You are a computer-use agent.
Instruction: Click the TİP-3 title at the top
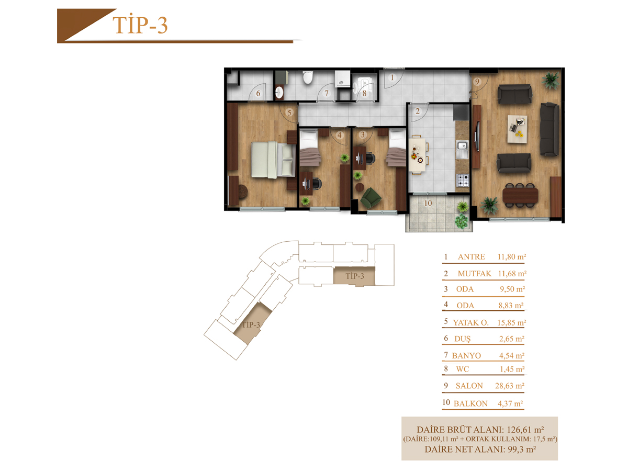point(140,25)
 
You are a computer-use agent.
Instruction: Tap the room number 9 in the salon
point(477,82)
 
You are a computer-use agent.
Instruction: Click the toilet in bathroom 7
point(308,77)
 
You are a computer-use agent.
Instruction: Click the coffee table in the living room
point(517,129)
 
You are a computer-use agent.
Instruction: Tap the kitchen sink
point(462,150)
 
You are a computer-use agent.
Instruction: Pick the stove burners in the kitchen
point(463,180)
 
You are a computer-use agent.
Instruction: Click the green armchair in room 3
point(371,197)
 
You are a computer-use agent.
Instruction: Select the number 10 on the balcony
point(428,204)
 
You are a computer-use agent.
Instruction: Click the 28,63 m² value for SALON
point(510,386)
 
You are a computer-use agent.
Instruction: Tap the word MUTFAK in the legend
point(474,274)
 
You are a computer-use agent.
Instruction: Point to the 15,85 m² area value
point(511,322)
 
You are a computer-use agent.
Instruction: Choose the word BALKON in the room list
point(470,403)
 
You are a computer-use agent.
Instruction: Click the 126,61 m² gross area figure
point(525,430)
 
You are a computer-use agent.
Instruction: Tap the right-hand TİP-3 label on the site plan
point(354,276)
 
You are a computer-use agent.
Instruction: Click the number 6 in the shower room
point(258,94)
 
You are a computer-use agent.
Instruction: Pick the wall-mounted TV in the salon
point(477,137)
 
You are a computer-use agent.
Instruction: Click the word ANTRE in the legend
point(471,256)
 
